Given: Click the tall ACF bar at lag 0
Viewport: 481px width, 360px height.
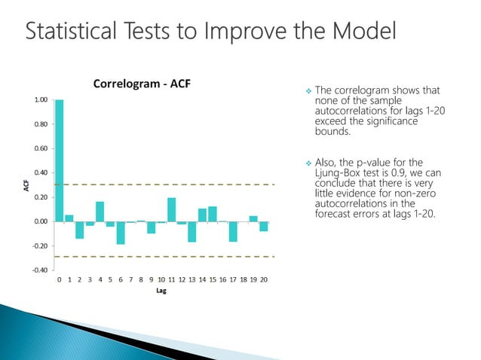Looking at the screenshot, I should [60, 160].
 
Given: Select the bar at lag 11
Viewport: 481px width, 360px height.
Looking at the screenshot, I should [172, 209].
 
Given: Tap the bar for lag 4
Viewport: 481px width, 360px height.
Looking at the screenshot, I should [100, 211].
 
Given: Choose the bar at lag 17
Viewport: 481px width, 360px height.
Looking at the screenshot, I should [234, 230].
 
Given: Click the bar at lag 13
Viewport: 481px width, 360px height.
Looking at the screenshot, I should [192, 231].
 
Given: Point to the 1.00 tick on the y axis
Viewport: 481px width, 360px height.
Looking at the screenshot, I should [41, 99].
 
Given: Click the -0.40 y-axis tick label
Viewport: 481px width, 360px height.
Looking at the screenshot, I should [40, 270].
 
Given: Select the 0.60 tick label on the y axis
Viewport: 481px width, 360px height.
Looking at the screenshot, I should [41, 148].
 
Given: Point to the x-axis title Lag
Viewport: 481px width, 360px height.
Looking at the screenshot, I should [161, 292].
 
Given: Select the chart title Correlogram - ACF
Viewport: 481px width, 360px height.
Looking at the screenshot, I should [142, 83].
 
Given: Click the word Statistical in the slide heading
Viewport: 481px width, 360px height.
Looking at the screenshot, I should [69, 32].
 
